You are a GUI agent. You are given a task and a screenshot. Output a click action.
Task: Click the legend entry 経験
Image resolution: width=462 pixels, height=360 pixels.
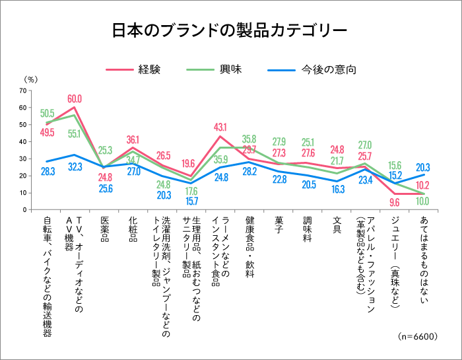(149, 69)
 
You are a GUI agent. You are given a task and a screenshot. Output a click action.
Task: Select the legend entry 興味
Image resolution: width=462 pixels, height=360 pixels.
(224, 69)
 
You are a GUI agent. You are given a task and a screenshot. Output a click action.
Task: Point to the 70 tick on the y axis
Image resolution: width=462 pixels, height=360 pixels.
(24, 90)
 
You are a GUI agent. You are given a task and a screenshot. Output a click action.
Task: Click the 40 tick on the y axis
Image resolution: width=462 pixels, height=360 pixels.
(24, 141)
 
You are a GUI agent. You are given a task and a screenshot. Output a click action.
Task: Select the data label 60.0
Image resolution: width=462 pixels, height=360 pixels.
(75, 98)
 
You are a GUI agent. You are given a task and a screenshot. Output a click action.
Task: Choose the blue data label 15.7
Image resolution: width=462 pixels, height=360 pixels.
(191, 201)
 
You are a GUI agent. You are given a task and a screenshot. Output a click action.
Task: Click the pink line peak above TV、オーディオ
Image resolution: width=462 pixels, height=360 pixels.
(75, 107)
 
